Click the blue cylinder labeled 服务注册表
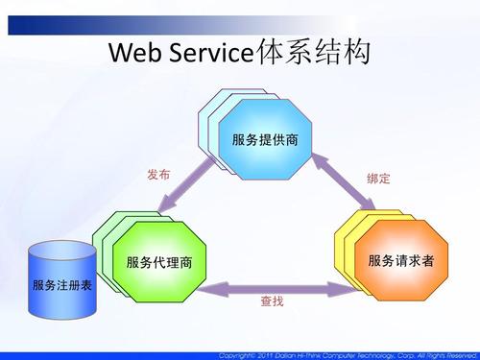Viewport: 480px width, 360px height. pos(62,286)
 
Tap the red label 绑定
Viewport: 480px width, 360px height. pos(378,179)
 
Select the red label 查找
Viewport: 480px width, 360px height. pos(273,301)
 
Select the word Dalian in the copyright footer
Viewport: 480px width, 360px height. pos(297,352)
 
